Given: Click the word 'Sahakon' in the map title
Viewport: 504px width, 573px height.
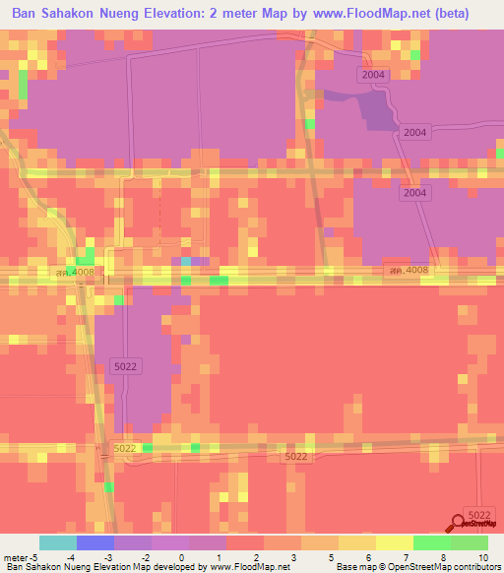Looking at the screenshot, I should [88, 15].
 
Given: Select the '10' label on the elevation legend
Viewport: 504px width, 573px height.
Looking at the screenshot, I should [482, 557].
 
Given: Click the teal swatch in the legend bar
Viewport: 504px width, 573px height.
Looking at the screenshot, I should [58, 542].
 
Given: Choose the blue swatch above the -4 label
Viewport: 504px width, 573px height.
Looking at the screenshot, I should [95, 542].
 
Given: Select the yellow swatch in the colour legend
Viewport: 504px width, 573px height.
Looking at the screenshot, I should [395, 542].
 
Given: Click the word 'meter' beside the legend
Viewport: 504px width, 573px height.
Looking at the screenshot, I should [18, 557].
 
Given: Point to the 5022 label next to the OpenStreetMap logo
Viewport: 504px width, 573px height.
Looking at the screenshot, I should [478, 515].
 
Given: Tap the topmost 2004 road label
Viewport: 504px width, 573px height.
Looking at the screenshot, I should [373, 75].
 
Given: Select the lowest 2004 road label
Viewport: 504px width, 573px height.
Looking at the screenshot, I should [414, 193].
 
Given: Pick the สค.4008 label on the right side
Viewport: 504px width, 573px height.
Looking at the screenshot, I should [409, 270].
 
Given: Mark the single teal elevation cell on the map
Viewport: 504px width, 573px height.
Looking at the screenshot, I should [186, 261].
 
